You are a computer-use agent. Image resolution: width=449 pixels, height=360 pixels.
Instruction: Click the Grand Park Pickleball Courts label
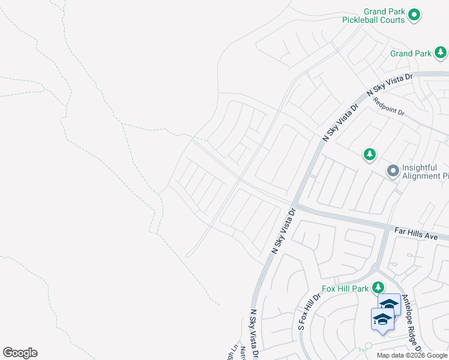373,16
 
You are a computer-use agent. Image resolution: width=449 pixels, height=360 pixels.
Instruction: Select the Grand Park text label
410,53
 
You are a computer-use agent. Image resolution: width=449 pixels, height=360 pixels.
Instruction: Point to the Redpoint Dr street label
389,108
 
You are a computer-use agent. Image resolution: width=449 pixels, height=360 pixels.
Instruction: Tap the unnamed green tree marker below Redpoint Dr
370,155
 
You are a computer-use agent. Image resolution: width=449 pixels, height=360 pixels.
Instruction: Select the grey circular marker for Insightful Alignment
393,172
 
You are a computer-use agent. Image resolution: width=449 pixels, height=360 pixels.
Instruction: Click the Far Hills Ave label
416,232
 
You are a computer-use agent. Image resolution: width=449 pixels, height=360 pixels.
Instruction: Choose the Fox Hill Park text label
345,289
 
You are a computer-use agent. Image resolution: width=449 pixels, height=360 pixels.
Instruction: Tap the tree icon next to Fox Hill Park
378,288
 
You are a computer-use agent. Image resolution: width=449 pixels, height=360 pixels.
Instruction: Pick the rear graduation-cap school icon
389,304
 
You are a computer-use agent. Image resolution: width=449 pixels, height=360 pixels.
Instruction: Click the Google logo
20,353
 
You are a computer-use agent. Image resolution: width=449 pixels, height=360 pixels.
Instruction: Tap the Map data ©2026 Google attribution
412,355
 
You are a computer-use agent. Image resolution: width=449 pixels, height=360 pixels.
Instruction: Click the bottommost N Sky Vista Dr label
254,334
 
